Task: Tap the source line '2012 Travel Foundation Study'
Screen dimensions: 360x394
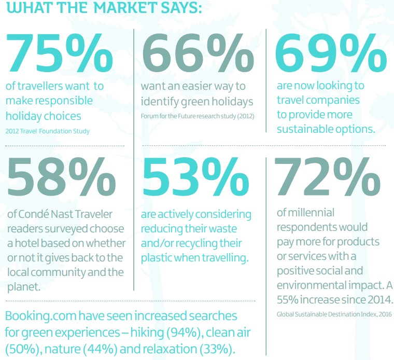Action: (x=48, y=131)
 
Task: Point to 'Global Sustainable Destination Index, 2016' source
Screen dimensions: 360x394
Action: (x=334, y=314)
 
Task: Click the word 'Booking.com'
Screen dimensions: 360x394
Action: (x=40, y=316)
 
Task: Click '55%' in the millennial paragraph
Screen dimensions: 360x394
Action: (x=289, y=300)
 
